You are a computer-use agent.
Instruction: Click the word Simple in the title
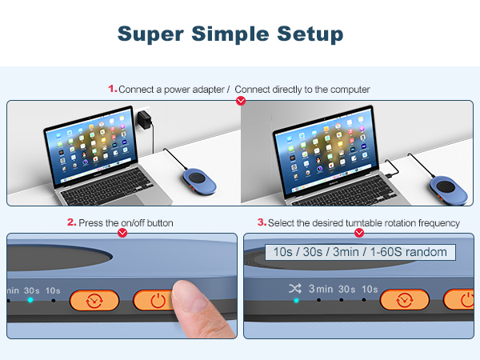(x=230, y=34)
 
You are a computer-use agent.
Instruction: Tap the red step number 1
(x=112, y=89)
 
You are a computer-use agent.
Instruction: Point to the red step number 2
(x=71, y=222)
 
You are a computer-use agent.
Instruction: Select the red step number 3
(x=262, y=222)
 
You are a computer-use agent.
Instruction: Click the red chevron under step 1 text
(x=242, y=101)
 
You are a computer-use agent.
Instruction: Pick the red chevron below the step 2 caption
(x=122, y=234)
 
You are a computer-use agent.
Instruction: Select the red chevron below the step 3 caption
(x=359, y=234)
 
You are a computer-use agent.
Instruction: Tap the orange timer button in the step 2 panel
(x=94, y=301)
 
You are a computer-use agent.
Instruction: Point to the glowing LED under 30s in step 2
(x=30, y=301)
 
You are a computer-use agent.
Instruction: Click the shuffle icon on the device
(x=295, y=289)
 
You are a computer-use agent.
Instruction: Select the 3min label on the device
(x=321, y=289)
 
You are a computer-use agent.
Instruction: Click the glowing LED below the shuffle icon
(x=296, y=301)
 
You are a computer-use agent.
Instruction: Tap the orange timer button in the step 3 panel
(x=404, y=300)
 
